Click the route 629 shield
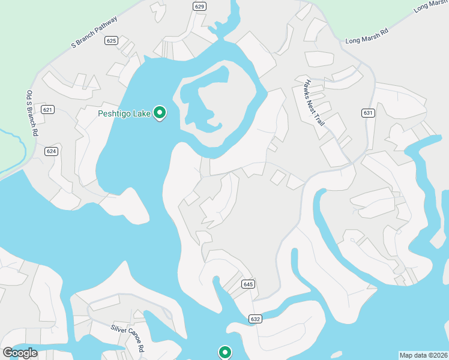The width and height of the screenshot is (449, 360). pyautogui.click(x=200, y=6)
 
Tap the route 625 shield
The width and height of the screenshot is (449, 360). pyautogui.click(x=110, y=41)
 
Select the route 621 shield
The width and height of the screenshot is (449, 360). pyautogui.click(x=48, y=109)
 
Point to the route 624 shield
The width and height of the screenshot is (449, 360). pyautogui.click(x=51, y=151)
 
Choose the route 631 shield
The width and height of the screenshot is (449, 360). pyautogui.click(x=368, y=113)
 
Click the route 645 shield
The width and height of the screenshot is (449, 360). pyautogui.click(x=249, y=283)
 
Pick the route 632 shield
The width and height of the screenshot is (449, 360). pyautogui.click(x=255, y=319)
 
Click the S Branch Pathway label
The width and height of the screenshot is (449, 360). pyautogui.click(x=94, y=32)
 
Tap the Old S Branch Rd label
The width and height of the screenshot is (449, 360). pyautogui.click(x=31, y=113)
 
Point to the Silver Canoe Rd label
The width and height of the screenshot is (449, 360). pyautogui.click(x=127, y=338)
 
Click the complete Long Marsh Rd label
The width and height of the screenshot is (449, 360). pyautogui.click(x=367, y=35)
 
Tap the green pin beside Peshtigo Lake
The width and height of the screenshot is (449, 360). pyautogui.click(x=160, y=112)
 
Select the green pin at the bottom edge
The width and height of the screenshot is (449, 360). pyautogui.click(x=225, y=352)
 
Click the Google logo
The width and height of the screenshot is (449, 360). pyautogui.click(x=20, y=352)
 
